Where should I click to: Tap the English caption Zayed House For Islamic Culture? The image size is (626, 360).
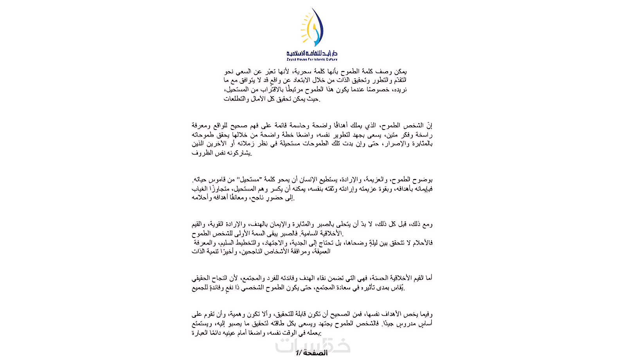[x=312, y=59]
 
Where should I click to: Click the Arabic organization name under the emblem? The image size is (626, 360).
[x=312, y=53]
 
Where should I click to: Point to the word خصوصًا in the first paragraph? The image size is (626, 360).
[x=379, y=90]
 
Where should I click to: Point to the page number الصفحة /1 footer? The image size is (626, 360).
[x=311, y=353]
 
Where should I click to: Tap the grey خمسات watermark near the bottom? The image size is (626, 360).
[x=312, y=345]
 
